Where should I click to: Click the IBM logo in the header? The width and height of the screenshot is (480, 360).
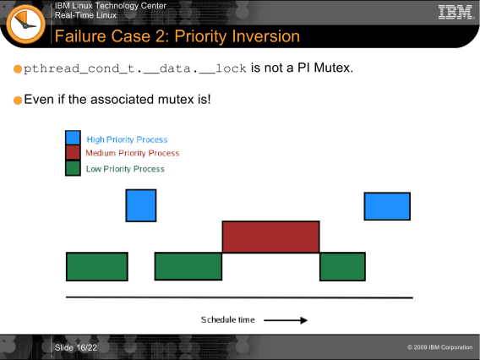click(455, 12)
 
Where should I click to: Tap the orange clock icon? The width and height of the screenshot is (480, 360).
click(25, 24)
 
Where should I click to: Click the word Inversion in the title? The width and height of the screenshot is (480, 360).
click(266, 36)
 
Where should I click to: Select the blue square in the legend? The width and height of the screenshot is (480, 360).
click(73, 138)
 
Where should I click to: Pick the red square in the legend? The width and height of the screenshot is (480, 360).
click(73, 152)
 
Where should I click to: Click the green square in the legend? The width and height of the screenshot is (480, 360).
click(73, 168)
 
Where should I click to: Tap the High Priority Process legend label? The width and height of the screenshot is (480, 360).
click(127, 140)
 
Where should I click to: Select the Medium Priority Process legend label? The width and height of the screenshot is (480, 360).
click(132, 153)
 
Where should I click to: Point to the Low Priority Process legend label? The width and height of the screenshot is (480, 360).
click(125, 169)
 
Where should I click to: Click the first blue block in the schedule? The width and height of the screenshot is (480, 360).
click(141, 205)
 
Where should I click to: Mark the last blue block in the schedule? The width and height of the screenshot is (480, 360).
click(387, 206)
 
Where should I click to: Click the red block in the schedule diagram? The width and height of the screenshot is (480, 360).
click(271, 237)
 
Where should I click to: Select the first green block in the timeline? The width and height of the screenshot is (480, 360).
click(97, 267)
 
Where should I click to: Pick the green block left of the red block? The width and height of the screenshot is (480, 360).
click(188, 266)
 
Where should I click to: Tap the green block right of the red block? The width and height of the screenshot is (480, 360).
click(342, 267)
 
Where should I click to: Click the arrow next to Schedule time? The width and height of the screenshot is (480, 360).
click(286, 320)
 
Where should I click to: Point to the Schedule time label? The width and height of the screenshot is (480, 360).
click(228, 320)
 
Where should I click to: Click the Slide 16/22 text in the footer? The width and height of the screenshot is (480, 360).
click(76, 348)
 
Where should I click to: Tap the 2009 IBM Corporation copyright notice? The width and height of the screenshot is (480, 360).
click(440, 347)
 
